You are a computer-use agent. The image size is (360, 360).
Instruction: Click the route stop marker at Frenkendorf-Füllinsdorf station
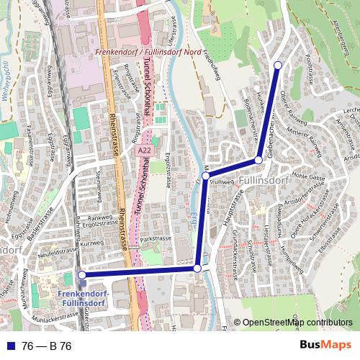click(81, 274)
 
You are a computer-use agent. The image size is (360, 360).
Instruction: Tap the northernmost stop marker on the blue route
click(278, 66)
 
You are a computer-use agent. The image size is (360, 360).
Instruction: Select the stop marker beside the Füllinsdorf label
click(258, 159)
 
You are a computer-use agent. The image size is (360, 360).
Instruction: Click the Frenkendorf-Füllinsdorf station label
click(81, 300)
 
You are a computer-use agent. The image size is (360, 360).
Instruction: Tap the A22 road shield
click(145, 151)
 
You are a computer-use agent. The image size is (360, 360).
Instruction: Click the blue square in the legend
click(10, 346)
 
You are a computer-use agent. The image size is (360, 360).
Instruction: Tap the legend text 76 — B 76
click(48, 346)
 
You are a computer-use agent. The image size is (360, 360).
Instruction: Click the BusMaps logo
click(321, 346)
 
